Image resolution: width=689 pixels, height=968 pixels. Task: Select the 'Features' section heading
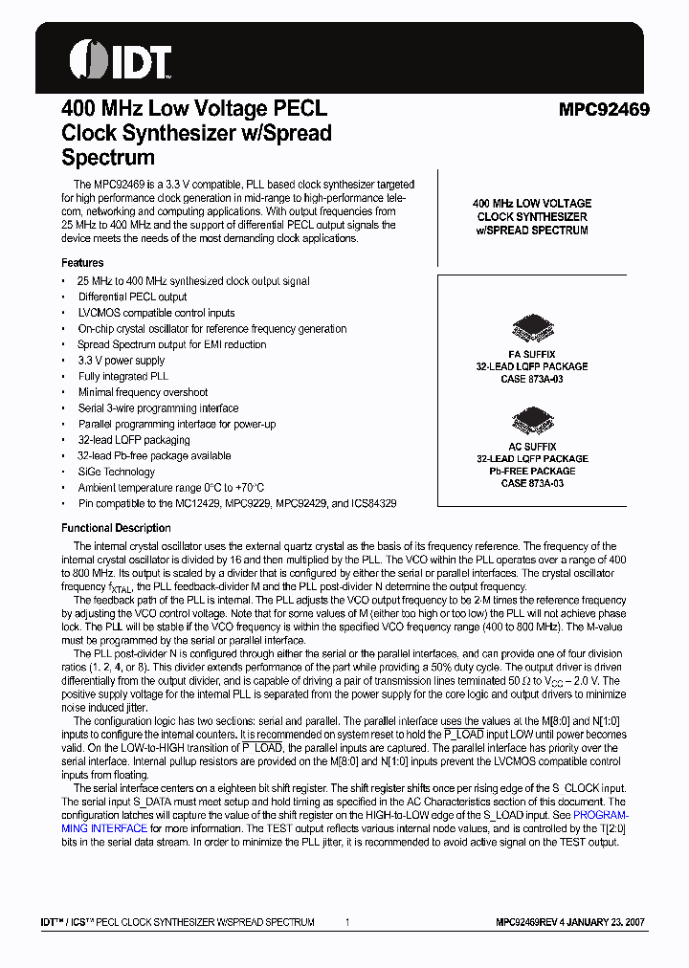click(x=82, y=262)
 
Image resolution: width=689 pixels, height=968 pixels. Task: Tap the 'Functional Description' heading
click(x=116, y=528)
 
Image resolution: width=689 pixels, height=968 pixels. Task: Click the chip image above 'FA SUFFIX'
click(x=532, y=327)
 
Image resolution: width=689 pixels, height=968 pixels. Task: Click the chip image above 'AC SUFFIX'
click(x=532, y=419)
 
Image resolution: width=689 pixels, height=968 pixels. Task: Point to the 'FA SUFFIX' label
click(x=532, y=354)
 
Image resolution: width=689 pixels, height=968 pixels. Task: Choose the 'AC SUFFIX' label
click(x=532, y=446)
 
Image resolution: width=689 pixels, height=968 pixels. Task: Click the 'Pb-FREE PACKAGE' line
click(x=532, y=471)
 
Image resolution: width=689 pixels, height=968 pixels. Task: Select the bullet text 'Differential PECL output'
click(x=132, y=297)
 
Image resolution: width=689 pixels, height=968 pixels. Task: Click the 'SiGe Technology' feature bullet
click(x=116, y=472)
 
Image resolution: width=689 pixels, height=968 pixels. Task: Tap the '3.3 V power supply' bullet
click(x=121, y=361)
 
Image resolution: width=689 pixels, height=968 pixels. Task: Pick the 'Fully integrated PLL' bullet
click(x=122, y=377)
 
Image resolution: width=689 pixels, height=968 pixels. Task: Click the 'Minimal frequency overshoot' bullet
click(x=143, y=392)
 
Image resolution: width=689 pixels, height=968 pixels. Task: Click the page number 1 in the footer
click(x=346, y=922)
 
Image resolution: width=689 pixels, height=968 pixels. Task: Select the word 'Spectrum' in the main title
click(x=107, y=158)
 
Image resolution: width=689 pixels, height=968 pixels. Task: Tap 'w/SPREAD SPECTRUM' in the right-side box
click(x=532, y=231)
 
